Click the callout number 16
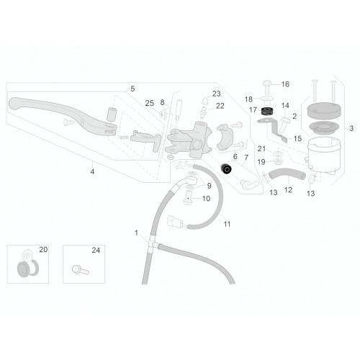coord(285,84)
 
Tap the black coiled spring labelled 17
coord(267,111)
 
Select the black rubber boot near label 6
coord(226,168)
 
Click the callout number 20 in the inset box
coord(43,250)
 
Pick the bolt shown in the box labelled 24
coord(81,270)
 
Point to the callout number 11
coord(227,224)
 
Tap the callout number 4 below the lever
coord(92,171)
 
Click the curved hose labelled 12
coord(287,174)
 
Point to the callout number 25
coord(149,104)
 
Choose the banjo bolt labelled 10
coord(188,197)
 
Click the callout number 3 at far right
coord(351,128)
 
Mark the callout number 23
coord(216,94)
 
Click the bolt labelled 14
coord(284,125)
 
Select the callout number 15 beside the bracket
coord(297,138)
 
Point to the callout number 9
coord(210,186)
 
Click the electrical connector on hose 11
coord(175,221)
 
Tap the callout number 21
coord(261,149)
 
